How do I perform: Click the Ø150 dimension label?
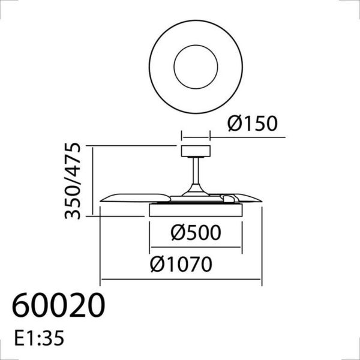(253, 124)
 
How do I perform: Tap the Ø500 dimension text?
(195, 233)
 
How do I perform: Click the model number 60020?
(59, 307)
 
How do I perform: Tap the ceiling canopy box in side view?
(195, 151)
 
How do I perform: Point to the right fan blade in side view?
(246, 197)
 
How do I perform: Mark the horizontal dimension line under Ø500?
(195, 246)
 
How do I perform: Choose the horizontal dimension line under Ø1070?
(181, 280)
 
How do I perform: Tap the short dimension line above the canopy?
(195, 136)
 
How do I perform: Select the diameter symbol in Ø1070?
(157, 264)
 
